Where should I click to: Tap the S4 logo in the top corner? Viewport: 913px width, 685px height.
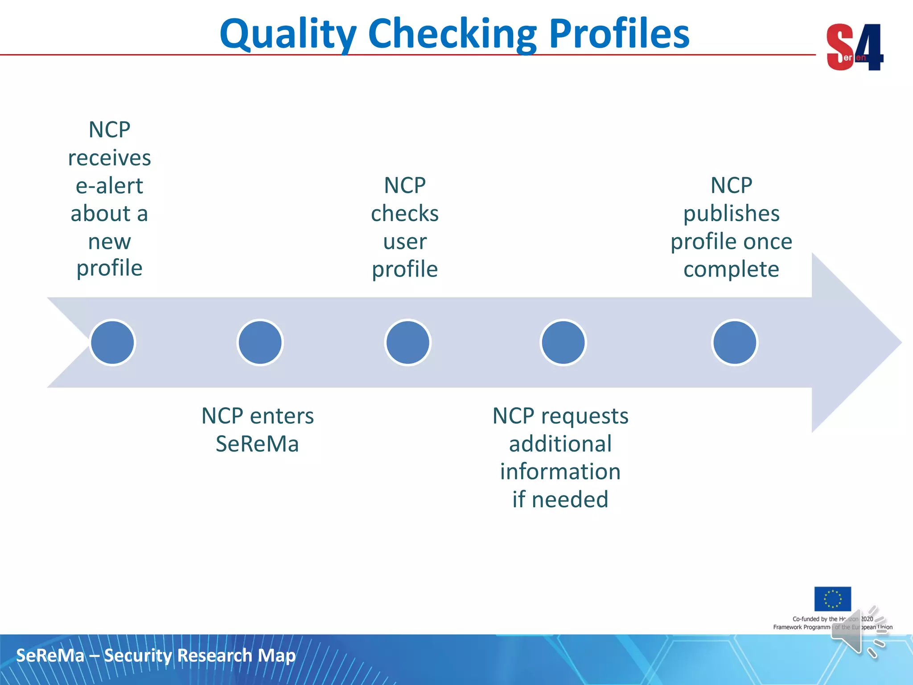(854, 47)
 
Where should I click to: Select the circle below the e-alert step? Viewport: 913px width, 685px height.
(112, 342)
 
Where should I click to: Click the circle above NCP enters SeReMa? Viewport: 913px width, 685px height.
(260, 342)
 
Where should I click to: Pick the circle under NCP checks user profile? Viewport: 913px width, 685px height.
(407, 342)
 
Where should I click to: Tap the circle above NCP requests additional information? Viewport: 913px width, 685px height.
(563, 342)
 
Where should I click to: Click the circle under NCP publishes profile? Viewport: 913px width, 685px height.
(734, 342)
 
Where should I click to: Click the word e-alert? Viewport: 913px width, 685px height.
(109, 186)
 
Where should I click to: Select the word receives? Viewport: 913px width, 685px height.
(109, 158)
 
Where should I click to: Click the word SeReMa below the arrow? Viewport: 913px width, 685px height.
(257, 444)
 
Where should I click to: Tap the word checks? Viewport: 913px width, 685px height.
(405, 214)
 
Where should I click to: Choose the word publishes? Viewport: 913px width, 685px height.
(731, 214)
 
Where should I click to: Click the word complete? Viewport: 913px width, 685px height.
(731, 269)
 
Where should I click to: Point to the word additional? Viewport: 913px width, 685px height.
(560, 444)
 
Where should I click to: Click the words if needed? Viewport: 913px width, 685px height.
(560, 499)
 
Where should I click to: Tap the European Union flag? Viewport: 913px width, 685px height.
(832, 598)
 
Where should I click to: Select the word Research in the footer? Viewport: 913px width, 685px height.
(215, 656)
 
